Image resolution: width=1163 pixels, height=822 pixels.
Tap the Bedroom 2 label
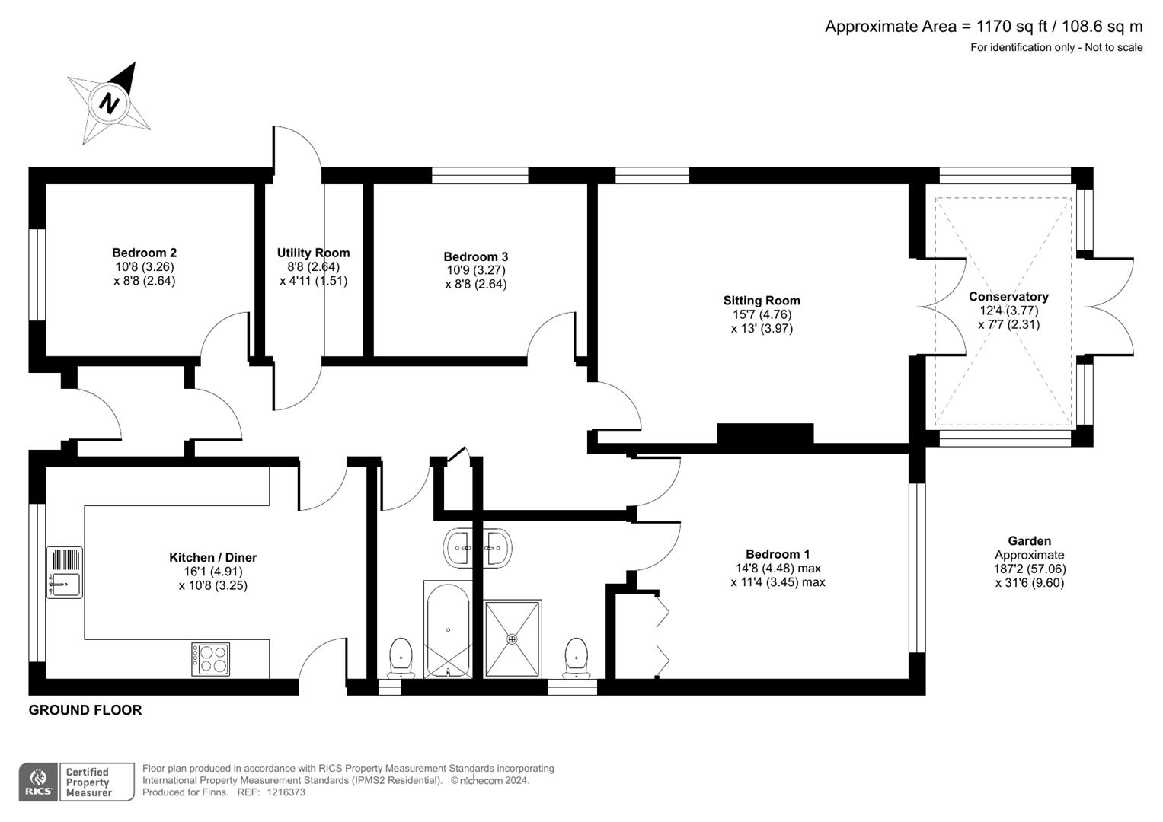tap(145, 253)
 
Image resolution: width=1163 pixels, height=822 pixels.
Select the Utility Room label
tap(313, 253)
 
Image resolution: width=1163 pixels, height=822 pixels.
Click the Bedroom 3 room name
tap(475, 257)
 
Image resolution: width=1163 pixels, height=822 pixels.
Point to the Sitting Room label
tap(762, 301)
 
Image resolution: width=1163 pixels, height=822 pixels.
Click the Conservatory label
tap(1008, 297)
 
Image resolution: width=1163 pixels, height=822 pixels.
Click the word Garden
tap(1029, 541)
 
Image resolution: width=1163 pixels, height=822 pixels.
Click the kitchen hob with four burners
tap(210, 659)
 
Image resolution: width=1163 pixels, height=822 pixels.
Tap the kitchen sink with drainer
tap(65, 572)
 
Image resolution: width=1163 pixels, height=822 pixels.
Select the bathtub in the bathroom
tap(448, 629)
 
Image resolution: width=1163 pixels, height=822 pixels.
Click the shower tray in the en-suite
tap(513, 638)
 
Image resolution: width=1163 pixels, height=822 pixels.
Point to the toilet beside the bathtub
tap(401, 658)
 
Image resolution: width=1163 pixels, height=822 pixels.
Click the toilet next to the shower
tap(577, 658)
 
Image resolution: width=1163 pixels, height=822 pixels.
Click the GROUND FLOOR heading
tap(85, 710)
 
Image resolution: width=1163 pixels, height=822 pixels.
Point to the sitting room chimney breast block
tap(765, 434)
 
